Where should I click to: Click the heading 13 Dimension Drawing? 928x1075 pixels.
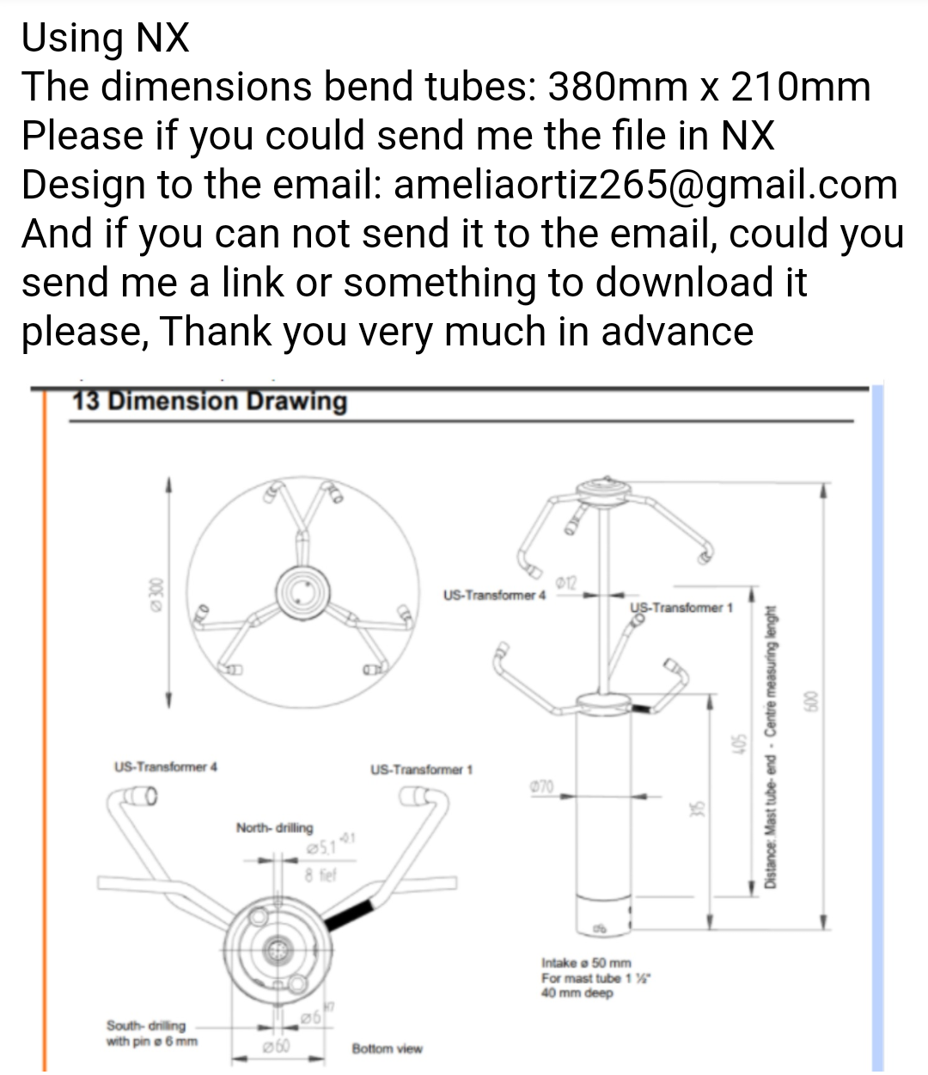coord(210,401)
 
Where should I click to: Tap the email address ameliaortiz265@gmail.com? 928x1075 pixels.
coord(645,185)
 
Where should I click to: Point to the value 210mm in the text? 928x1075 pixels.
coord(800,87)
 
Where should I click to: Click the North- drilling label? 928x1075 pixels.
coord(274,828)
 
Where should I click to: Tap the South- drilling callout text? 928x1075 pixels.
coord(146,1026)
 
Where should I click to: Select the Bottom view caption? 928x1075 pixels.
coord(387,1048)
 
